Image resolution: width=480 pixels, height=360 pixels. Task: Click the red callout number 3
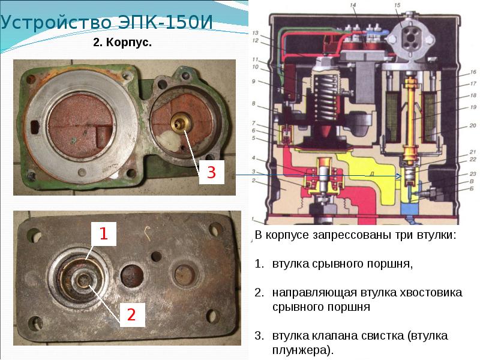click(211, 173)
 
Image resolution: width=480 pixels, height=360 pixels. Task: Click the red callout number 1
click(103, 234)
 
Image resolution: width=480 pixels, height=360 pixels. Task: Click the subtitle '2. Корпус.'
click(122, 44)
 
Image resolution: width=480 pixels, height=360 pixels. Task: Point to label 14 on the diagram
click(353, 5)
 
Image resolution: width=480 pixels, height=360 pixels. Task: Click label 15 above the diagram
click(397, 5)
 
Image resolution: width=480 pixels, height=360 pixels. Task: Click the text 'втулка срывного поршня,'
click(342, 263)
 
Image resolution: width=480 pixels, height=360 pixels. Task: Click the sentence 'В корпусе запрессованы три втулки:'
click(355, 235)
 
